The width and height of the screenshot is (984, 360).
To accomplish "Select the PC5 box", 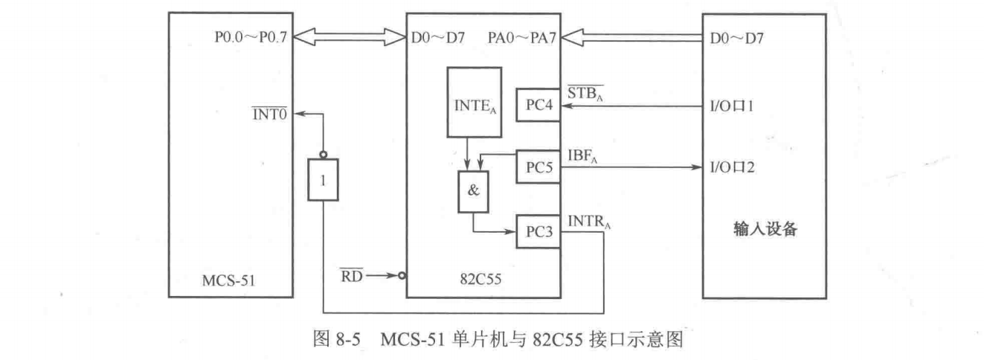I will coord(538,168).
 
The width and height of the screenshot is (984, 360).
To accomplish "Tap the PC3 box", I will coord(538,231).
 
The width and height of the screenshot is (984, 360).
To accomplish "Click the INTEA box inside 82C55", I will coord(474,102).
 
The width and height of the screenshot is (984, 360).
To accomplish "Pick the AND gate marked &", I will coord(474,190).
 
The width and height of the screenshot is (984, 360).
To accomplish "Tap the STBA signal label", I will coord(585,94).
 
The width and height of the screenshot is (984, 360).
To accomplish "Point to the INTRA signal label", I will coord(588,221).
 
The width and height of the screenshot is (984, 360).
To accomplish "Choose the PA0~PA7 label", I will coord(522,36).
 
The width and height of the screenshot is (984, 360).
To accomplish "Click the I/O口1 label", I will coord(732,106).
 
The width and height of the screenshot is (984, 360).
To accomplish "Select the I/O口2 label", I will coord(732,168).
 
